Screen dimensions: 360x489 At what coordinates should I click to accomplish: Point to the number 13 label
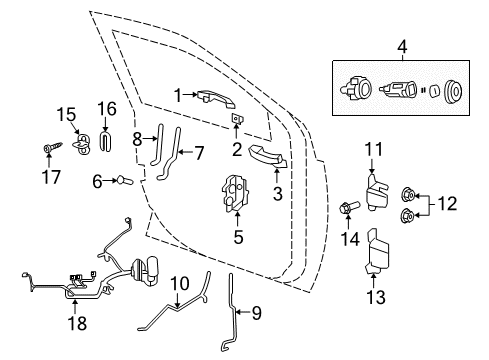coord(376,298)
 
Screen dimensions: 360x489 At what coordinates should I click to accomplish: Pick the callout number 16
coord(107,108)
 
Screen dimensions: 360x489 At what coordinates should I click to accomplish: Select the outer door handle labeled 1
coord(213,97)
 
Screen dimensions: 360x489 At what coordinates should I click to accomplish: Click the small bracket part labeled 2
coord(238,119)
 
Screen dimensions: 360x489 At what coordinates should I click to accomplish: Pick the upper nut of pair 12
coord(408,193)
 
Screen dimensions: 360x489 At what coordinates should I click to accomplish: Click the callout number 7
coord(198,152)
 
